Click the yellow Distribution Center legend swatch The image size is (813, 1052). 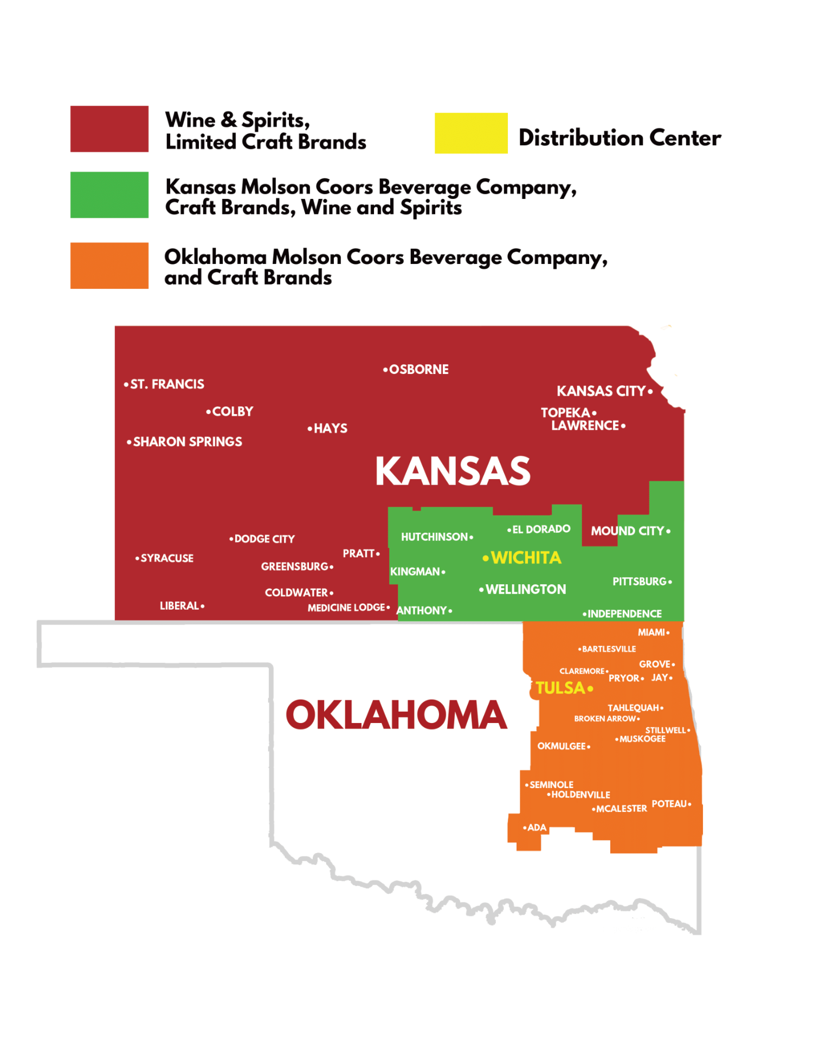tap(470, 133)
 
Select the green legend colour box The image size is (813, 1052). tap(109, 195)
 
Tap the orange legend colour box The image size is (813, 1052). tap(109, 265)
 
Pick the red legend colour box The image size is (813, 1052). tap(109, 128)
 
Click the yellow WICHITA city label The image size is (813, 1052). tap(525, 558)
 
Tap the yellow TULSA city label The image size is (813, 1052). tap(560, 688)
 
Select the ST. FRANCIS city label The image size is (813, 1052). tap(167, 384)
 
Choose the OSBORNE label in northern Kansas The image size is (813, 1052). tap(418, 370)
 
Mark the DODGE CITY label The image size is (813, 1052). tap(264, 539)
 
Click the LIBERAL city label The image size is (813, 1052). tap(179, 605)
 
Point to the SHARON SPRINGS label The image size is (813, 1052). tap(188, 442)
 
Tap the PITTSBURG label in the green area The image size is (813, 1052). tap(640, 582)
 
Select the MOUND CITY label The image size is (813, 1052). tap(628, 531)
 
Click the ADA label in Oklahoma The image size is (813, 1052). tap(537, 828)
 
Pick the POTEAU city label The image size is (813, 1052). tap(669, 804)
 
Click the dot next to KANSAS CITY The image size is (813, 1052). tap(650, 391)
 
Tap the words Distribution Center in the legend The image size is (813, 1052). tap(620, 138)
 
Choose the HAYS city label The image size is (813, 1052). tap(330, 428)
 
